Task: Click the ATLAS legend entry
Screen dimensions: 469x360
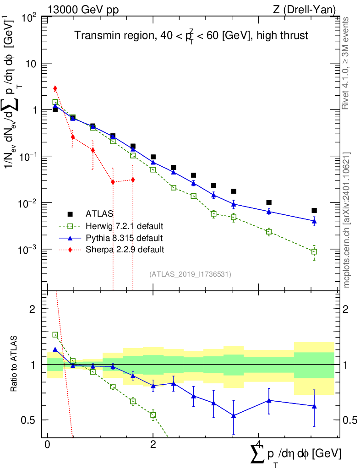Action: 100,213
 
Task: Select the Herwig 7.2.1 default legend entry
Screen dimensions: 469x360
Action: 124,226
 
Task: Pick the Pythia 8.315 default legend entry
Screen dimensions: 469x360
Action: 124,238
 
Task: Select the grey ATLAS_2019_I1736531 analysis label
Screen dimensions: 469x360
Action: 190,274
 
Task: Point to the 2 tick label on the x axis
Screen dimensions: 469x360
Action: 153,445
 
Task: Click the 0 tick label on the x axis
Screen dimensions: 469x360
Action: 48,445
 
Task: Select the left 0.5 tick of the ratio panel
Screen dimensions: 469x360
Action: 31,420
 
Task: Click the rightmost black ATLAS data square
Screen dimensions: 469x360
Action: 314,211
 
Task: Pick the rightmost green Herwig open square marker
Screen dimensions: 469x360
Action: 314,251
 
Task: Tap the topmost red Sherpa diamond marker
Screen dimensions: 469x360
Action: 55,88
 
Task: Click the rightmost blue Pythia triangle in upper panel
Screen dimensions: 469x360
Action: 314,221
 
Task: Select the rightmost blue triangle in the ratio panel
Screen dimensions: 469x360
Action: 314,406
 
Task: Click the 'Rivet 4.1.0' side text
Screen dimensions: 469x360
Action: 346,64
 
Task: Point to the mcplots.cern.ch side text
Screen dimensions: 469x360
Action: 346,220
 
